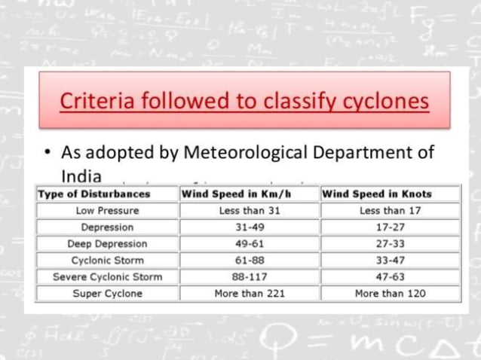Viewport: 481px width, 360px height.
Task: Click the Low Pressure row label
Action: point(107,210)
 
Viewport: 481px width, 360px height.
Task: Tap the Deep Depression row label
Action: point(107,243)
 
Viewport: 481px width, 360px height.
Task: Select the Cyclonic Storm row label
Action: point(107,260)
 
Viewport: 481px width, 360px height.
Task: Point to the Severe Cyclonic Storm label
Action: point(107,276)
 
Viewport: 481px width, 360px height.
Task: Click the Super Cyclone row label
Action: point(107,293)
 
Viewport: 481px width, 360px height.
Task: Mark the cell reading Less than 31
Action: point(250,210)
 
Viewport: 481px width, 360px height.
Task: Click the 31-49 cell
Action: point(250,227)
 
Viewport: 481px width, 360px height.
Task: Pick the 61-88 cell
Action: point(250,260)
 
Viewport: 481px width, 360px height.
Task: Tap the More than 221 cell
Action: point(250,293)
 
